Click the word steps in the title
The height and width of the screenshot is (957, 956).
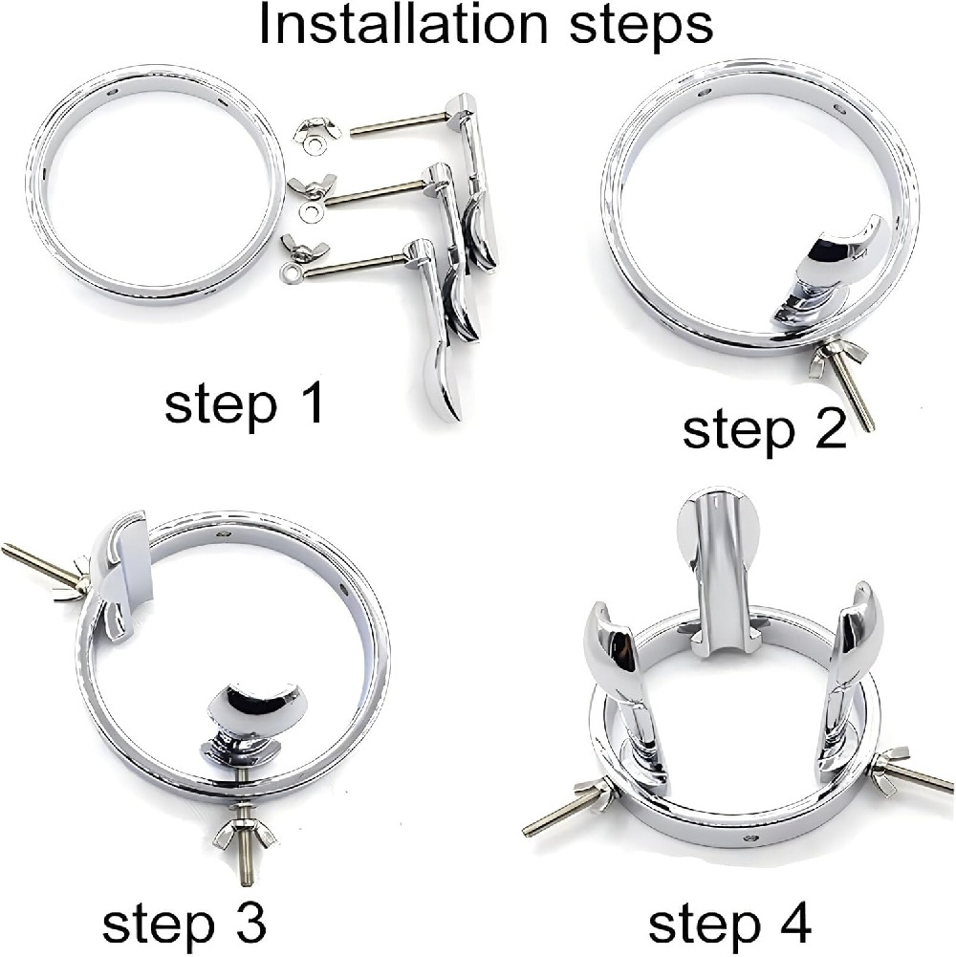pyautogui.click(x=641, y=28)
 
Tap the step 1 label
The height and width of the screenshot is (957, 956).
pyautogui.click(x=244, y=406)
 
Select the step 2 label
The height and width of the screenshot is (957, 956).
pyautogui.click(x=764, y=429)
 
